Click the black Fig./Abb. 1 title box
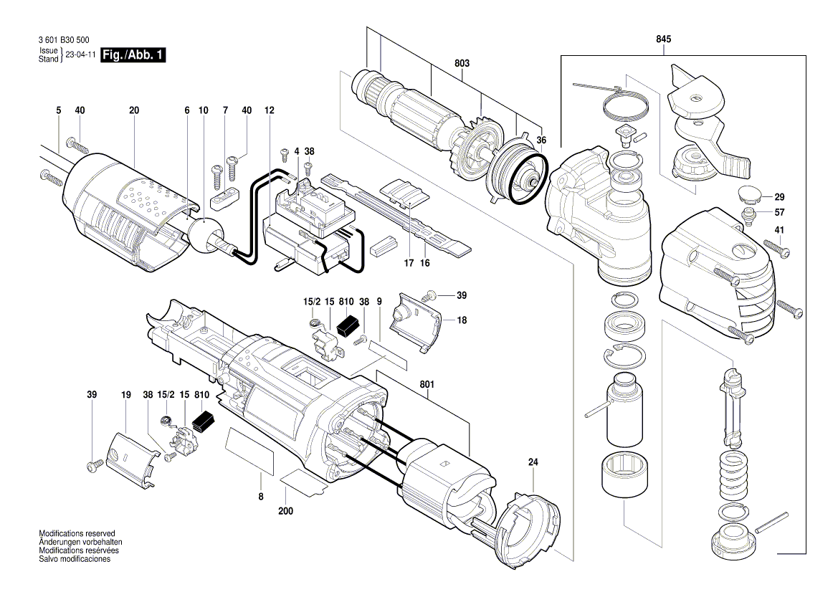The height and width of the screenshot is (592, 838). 134,55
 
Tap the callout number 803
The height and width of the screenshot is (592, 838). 462,64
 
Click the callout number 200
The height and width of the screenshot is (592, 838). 285,512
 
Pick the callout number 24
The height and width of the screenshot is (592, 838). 533,462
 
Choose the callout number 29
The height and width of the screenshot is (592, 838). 779,196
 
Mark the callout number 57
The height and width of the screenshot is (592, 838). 779,212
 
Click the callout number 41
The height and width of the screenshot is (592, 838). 779,230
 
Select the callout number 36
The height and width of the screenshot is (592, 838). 541,141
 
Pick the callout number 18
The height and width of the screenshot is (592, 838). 462,320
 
